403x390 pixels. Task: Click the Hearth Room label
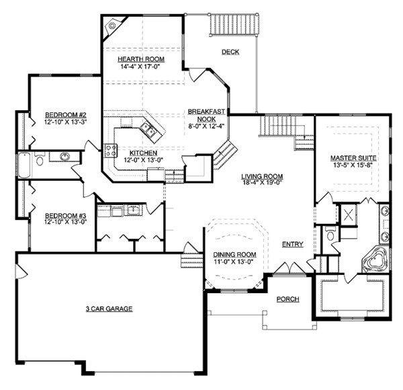tap(141, 59)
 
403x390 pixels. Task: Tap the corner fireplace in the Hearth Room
tap(112, 26)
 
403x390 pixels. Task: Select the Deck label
tap(230, 52)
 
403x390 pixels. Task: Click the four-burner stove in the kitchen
tap(111, 150)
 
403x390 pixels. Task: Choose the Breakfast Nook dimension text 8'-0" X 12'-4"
tap(206, 126)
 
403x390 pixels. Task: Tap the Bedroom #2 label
tap(66, 115)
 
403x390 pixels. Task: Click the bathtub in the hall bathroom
tap(24, 165)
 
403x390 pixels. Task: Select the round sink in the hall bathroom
tap(64, 157)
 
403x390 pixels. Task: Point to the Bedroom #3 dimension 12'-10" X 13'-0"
tap(65, 222)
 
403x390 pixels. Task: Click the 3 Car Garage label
tap(109, 309)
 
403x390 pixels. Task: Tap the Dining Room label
tap(234, 255)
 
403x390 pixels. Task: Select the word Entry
tap(293, 244)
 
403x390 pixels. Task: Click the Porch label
tap(288, 299)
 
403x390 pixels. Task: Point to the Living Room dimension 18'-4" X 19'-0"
tap(262, 183)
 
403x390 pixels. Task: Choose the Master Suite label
tap(353, 158)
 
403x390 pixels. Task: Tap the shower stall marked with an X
tap(348, 214)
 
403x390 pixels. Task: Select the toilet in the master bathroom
tap(330, 233)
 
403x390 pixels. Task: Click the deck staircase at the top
tap(234, 24)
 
